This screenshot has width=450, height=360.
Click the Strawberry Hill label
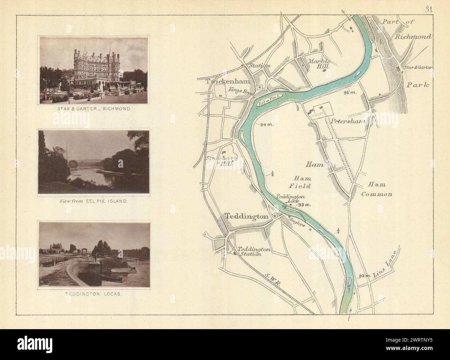click(x=222, y=161)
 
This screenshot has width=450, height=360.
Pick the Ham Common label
click(x=376, y=189)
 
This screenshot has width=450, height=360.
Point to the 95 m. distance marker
click(x=350, y=93)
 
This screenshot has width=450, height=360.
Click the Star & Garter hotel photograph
click(x=94, y=70)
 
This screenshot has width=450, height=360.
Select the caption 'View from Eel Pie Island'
click(x=94, y=201)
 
